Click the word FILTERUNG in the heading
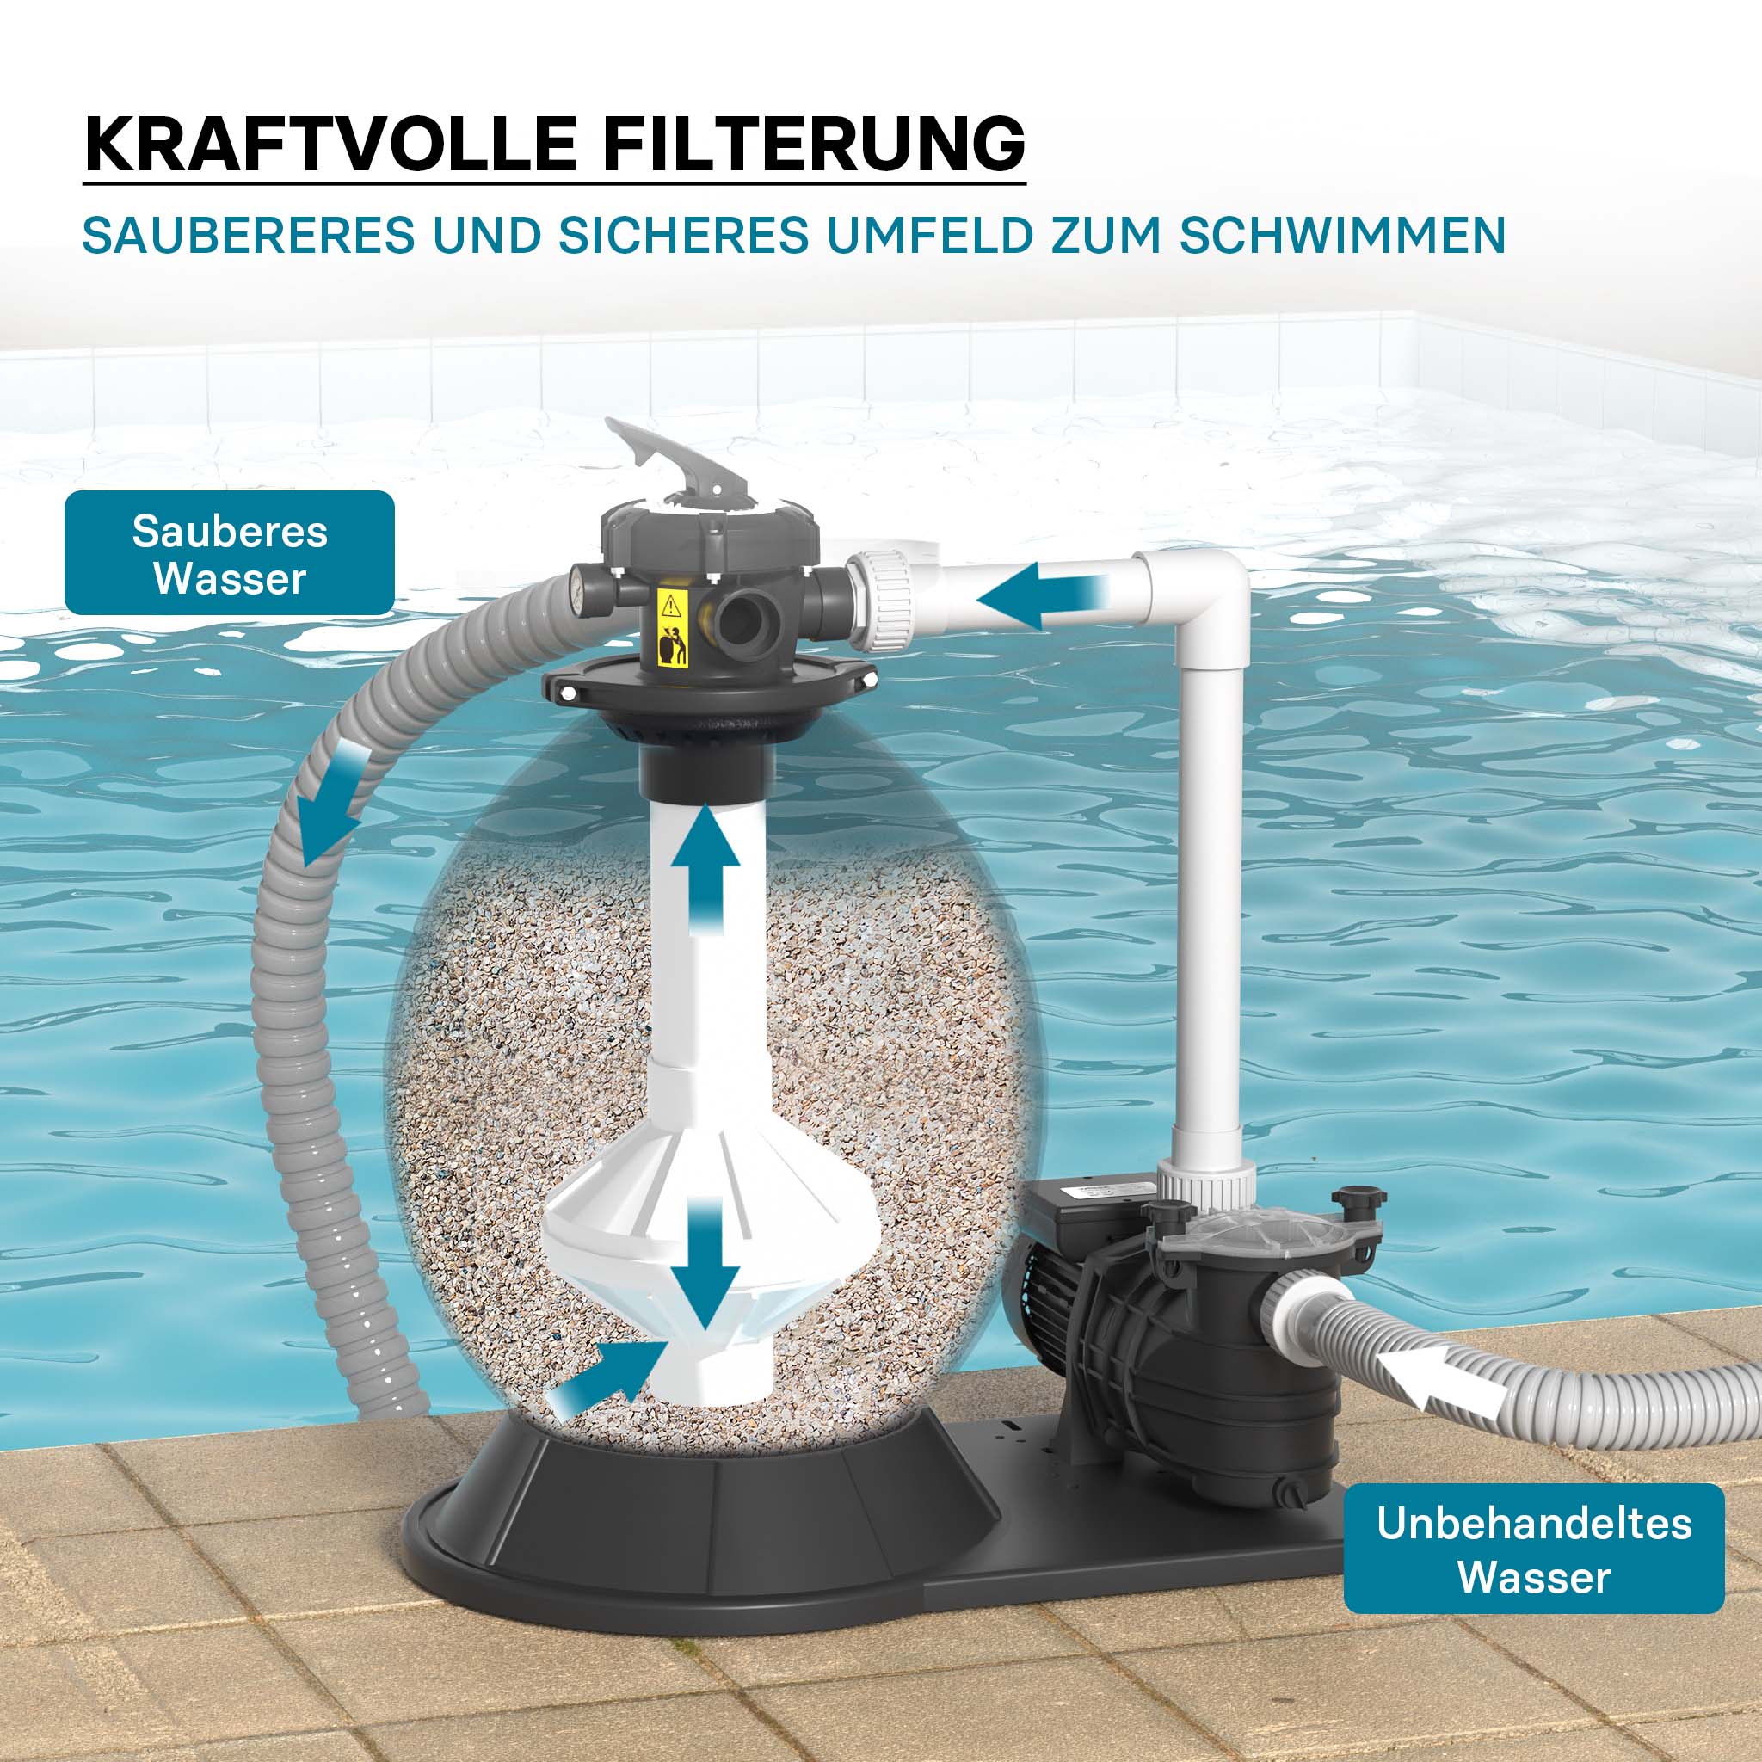coord(812,144)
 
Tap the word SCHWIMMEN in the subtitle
coord(1341,237)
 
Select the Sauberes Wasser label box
coord(230,553)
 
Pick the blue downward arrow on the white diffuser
coord(704,1263)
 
